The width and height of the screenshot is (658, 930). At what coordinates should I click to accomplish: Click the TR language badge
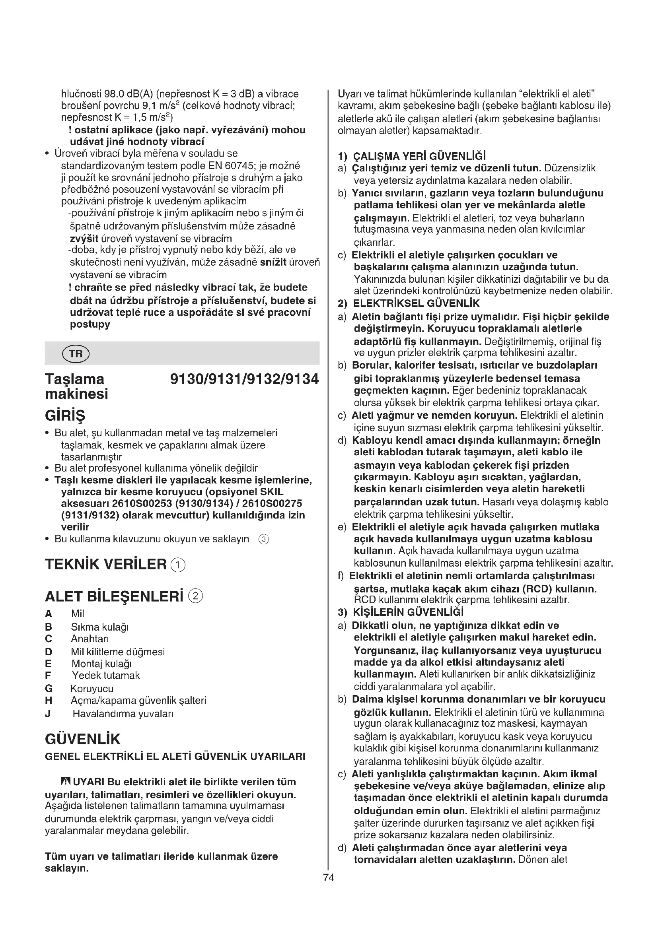click(x=75, y=353)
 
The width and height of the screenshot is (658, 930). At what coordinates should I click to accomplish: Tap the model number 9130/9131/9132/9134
click(x=244, y=379)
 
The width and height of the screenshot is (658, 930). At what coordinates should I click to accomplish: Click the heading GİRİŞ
click(x=65, y=415)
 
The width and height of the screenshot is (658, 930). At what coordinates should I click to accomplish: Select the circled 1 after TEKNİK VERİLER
click(x=178, y=565)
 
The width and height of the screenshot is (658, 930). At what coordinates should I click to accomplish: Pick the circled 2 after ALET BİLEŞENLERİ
click(x=196, y=596)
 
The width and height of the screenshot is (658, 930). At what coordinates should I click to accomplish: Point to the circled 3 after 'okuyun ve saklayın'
click(x=264, y=539)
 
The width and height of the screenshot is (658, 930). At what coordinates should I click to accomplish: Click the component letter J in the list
click(x=48, y=714)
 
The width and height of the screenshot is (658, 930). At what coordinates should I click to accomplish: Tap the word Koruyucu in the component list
click(x=92, y=689)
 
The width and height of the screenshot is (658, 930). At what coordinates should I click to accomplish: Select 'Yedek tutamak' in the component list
click(x=106, y=675)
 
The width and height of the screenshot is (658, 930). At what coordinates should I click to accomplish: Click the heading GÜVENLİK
click(x=83, y=739)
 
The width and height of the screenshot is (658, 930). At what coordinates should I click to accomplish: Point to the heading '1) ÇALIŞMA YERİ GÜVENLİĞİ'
click(x=412, y=156)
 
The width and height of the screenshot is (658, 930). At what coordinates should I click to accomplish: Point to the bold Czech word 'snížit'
click(x=273, y=262)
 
